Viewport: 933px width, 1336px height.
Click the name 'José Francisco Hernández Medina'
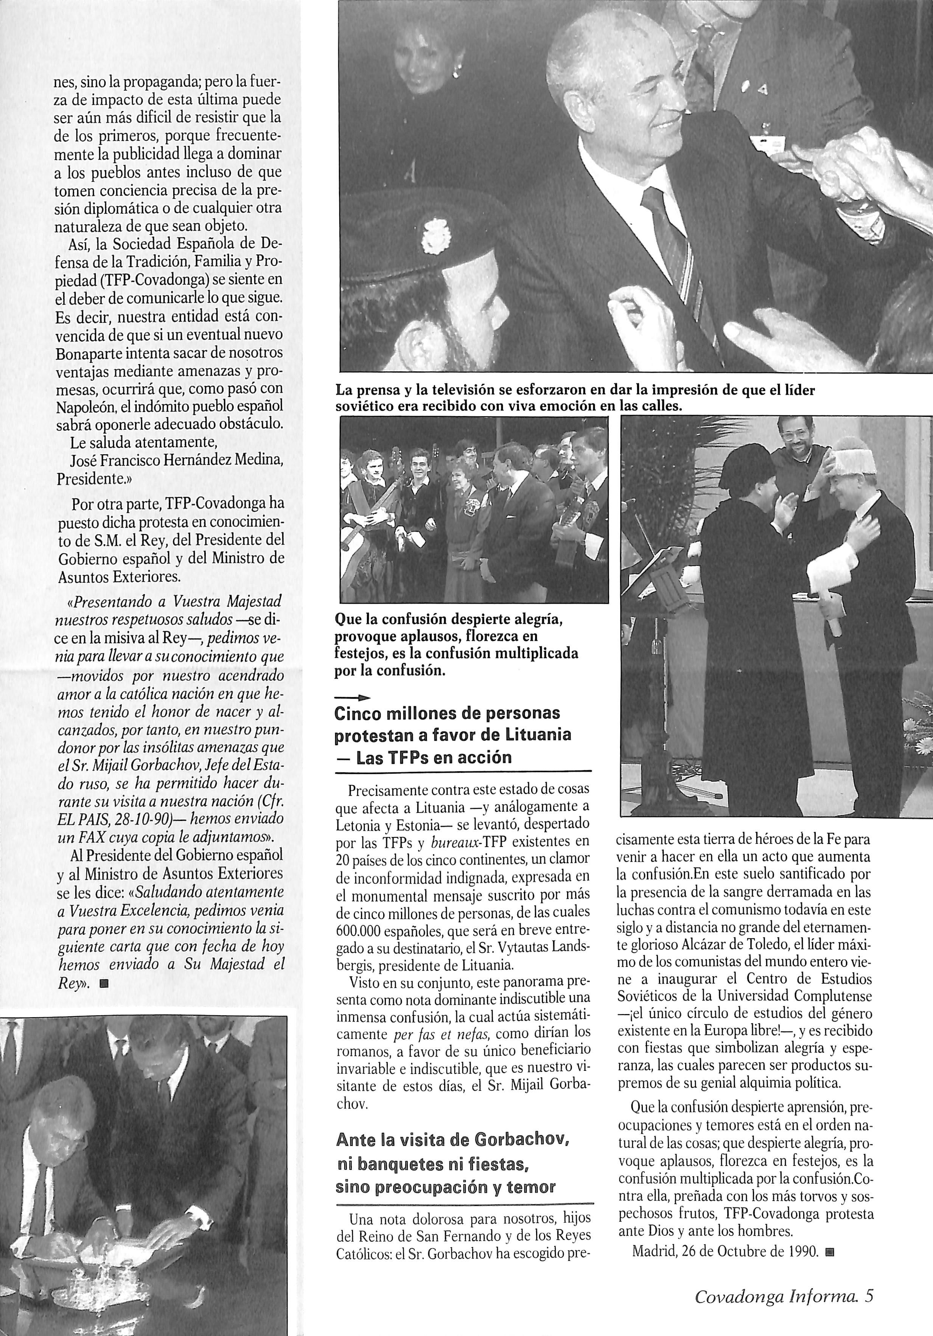tap(176, 461)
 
